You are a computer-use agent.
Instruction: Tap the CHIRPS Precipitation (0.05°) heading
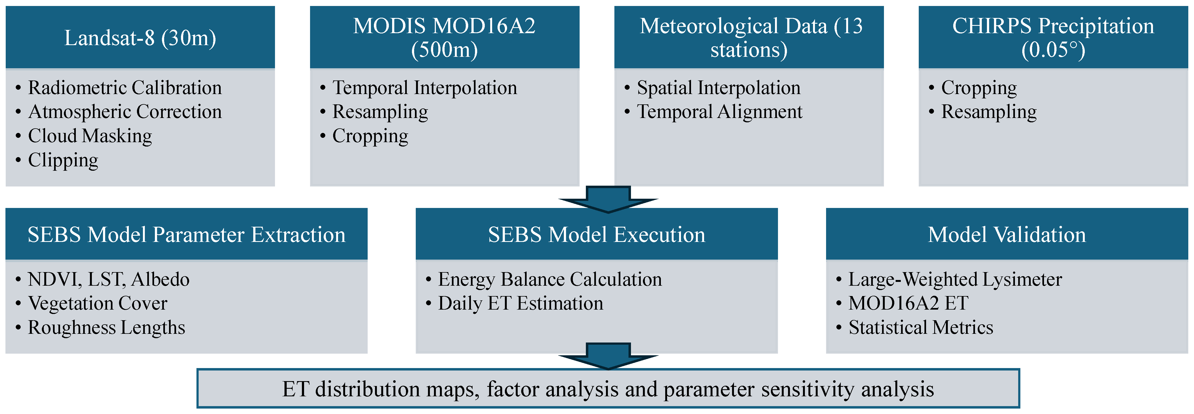tap(1053, 38)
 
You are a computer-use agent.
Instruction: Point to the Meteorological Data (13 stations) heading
tap(749, 38)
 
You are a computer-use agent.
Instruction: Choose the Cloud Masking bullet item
tap(90, 136)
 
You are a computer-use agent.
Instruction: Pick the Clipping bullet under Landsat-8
tap(63, 160)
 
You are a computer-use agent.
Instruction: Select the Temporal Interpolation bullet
tap(424, 88)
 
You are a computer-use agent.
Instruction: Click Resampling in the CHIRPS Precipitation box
tap(989, 112)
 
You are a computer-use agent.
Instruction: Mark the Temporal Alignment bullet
tap(719, 112)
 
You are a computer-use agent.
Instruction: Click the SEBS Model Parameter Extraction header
tap(186, 235)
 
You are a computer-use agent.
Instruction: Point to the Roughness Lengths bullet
tap(106, 327)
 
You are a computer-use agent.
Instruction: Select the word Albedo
tap(160, 279)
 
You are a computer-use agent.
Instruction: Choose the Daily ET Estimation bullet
tap(521, 303)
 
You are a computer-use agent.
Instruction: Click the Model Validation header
tap(1007, 235)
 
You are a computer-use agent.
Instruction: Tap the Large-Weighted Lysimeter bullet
tap(955, 279)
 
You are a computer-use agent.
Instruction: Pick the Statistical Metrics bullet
tap(921, 327)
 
